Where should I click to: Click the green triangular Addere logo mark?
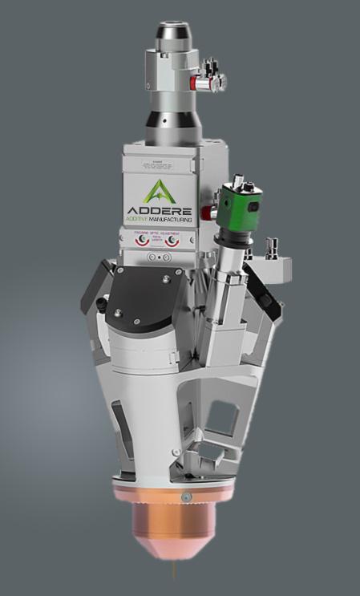pos(159,191)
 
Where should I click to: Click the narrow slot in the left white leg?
pos(118,418)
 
